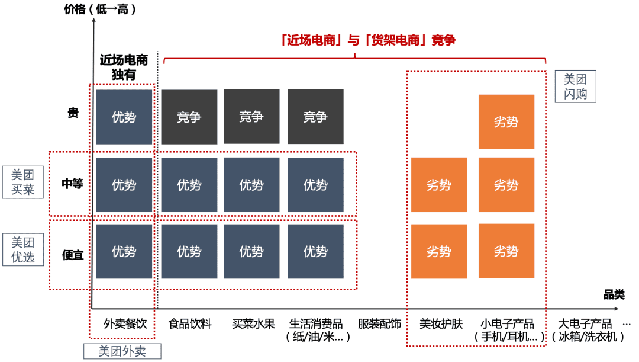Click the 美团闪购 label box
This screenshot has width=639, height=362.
(576, 87)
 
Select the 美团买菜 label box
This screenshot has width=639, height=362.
(23, 182)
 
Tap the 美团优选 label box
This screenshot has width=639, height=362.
(23, 250)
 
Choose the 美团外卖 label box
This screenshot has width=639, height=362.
(122, 351)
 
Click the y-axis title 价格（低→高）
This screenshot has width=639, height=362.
(100, 9)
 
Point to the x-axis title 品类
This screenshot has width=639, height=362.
(614, 294)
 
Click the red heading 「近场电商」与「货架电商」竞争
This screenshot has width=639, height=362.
(368, 40)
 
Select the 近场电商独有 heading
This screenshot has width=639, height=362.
(124, 67)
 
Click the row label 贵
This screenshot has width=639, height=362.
(73, 113)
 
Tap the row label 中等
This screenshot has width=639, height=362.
(73, 184)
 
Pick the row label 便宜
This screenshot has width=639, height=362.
(73, 255)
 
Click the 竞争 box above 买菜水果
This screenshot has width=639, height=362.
(251, 117)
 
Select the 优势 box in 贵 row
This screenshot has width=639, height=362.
(124, 117)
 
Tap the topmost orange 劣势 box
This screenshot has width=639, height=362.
(506, 121)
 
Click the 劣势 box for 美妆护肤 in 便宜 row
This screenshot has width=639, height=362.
(439, 251)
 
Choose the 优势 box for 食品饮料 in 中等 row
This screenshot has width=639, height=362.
(189, 185)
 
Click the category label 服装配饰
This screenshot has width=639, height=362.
(379, 324)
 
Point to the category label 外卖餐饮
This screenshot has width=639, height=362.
(125, 324)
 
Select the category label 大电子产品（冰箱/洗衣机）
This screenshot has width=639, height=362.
(588, 330)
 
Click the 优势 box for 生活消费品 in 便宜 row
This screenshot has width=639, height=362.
(315, 251)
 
